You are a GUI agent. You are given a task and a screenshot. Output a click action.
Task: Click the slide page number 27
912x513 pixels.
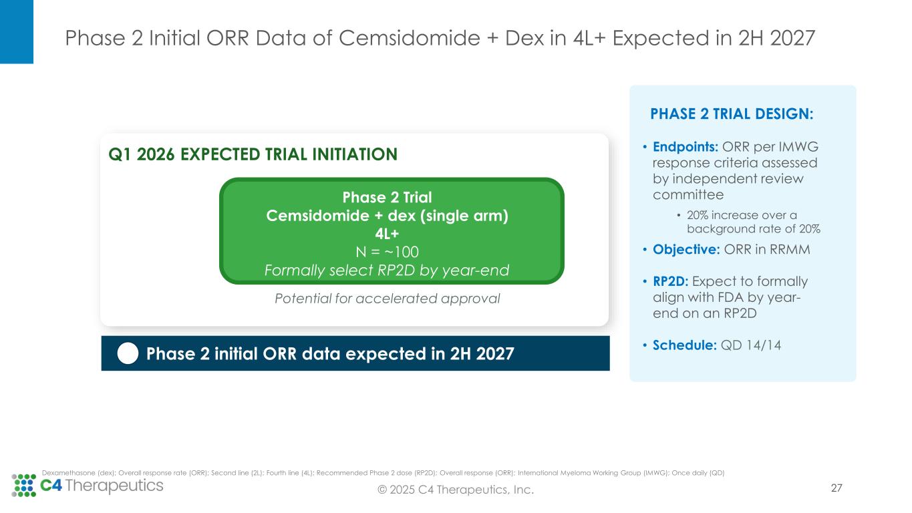point(836,488)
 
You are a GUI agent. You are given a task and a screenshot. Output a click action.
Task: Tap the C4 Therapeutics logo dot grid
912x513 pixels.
point(23,486)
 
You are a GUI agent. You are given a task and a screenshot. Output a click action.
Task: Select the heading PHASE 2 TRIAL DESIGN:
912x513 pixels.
point(732,114)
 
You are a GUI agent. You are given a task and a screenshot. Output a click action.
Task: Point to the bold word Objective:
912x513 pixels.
point(680,250)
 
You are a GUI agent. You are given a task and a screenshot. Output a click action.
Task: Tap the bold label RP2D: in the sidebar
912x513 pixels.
point(671,281)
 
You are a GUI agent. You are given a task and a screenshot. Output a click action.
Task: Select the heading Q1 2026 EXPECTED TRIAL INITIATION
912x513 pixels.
point(253,154)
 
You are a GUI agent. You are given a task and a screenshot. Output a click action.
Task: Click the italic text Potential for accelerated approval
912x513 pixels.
point(388,299)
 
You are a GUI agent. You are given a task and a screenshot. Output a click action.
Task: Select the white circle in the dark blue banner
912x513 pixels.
point(128,353)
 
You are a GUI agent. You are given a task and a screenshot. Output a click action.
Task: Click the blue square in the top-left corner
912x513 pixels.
point(16,31)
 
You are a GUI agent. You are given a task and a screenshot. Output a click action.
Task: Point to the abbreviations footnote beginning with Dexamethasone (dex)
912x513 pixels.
point(383,473)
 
